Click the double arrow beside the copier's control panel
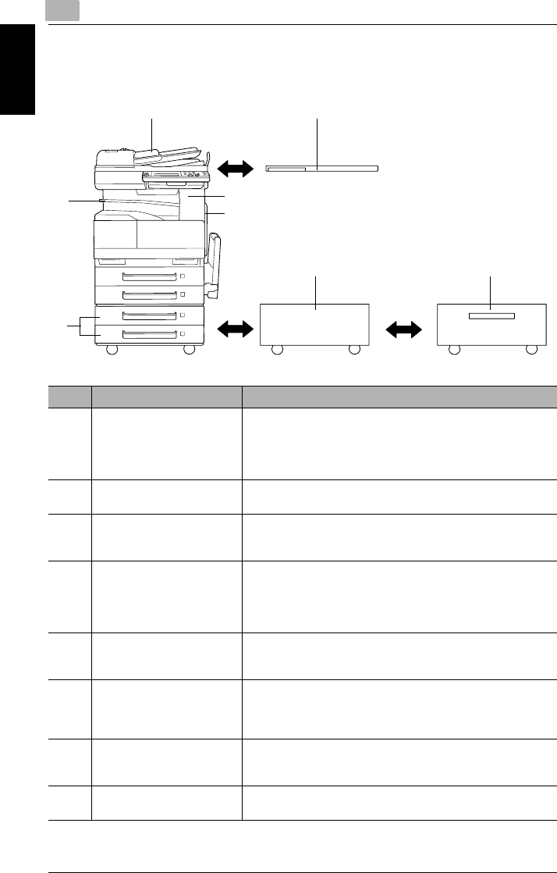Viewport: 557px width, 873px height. [x=236, y=168]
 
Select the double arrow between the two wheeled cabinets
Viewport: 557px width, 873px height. [x=403, y=330]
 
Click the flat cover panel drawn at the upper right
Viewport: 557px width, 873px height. [x=321, y=167]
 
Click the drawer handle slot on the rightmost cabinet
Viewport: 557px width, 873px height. [x=492, y=315]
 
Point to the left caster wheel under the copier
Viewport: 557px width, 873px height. [x=112, y=351]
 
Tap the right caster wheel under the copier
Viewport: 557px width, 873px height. [x=189, y=351]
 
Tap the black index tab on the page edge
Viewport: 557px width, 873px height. [x=18, y=69]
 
